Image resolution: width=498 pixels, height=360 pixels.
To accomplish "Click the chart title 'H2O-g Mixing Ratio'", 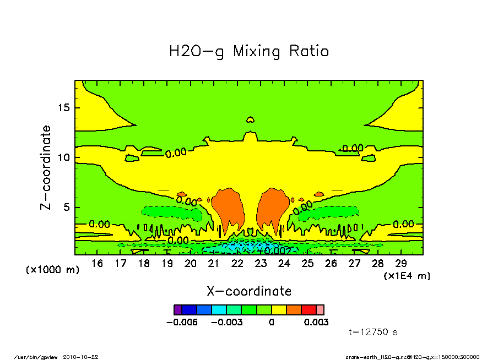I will coord(249,52).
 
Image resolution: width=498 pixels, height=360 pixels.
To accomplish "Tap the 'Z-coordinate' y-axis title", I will coord(46,167).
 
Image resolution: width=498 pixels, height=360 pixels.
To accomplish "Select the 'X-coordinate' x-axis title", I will coord(249,291).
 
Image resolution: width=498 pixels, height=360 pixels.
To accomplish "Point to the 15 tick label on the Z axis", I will coord(64,107).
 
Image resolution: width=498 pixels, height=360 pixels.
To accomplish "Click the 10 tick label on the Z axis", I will coord(64,157).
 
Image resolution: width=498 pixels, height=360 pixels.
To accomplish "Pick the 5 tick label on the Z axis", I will coord(67,208).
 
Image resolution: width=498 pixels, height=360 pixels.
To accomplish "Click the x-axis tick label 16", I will coord(97,264).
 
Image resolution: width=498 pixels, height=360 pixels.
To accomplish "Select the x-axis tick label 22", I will coord(237,264).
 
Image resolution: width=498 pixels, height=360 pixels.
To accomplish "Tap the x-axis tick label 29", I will coord(401,264).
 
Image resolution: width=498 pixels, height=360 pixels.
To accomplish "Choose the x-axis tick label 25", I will coord(307,264).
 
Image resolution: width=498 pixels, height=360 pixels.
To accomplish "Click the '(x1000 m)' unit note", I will coord(53,270).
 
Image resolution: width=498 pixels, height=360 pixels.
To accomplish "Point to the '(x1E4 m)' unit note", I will coord(407,276).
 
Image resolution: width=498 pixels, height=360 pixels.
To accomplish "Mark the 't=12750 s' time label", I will coord(373,332).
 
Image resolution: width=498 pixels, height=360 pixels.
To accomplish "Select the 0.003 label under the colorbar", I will coord(316,322).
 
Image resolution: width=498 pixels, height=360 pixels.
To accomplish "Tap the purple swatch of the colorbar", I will coord(177,310).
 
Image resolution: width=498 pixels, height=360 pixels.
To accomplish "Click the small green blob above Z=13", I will coord(250,119).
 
